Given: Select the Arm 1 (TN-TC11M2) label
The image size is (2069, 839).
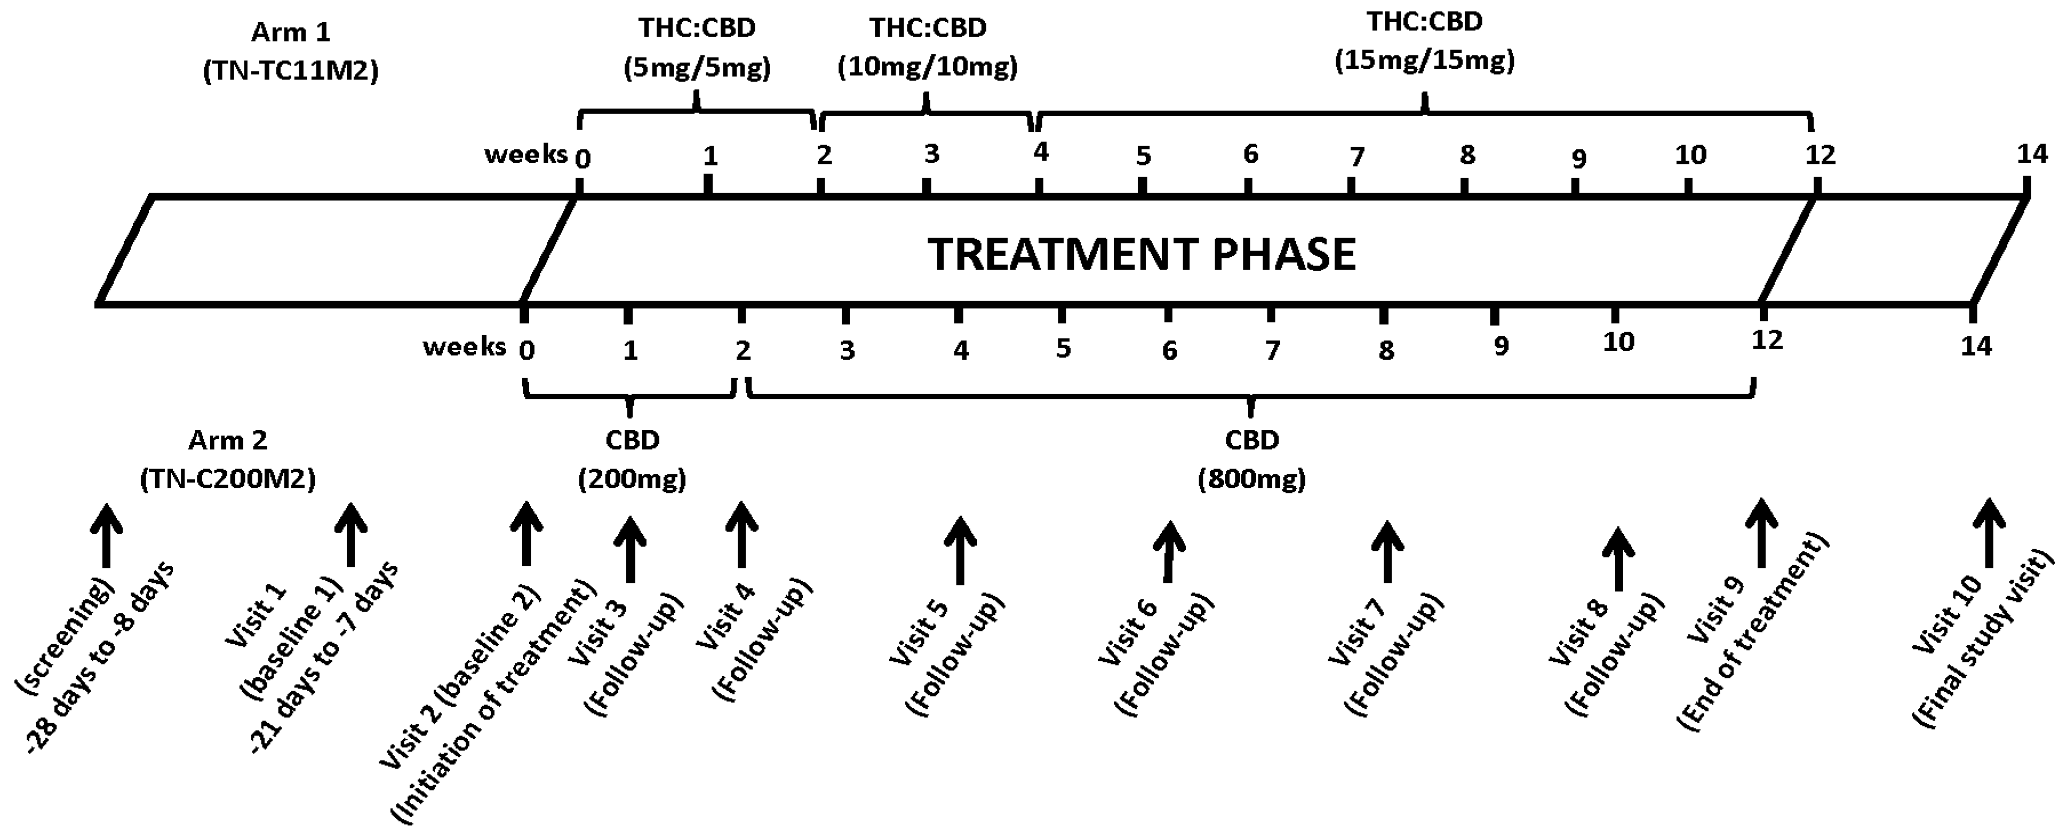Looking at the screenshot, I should coord(291,52).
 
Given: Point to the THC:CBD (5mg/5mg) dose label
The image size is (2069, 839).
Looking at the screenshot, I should coord(697,48).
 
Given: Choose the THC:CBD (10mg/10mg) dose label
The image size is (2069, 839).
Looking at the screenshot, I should coord(928,48).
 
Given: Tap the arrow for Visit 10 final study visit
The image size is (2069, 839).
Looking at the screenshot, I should coord(1989,533).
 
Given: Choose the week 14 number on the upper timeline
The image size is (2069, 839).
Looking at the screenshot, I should coord(2032,154).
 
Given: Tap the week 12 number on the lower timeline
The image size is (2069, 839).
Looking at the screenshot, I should coord(1767,340).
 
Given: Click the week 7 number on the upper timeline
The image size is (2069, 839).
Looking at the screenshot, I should coord(1356,157).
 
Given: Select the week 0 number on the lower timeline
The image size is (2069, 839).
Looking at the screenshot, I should coord(527,350).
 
